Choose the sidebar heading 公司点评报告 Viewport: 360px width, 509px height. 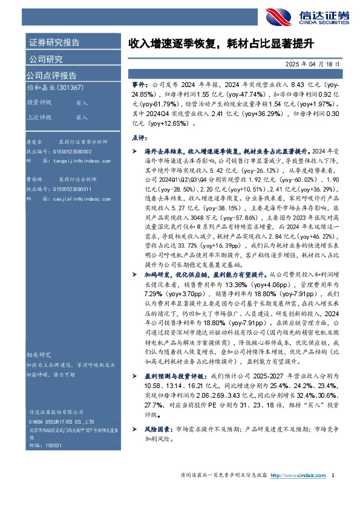coord(51,76)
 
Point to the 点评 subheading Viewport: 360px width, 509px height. coord(139,138)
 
